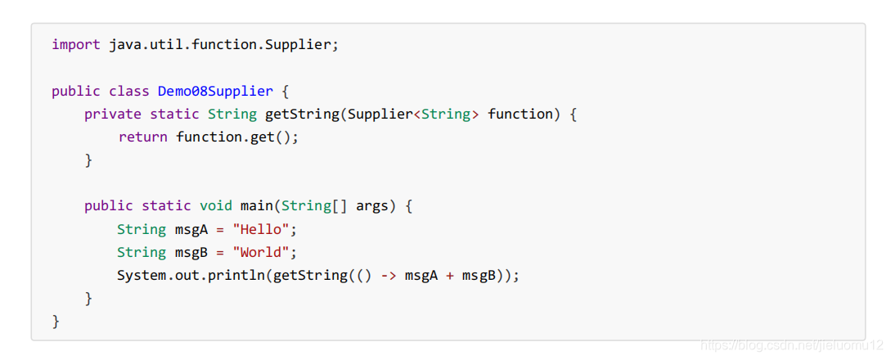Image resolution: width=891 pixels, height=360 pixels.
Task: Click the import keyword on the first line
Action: coord(76,44)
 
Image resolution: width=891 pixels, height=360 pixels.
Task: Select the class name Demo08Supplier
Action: coord(215,91)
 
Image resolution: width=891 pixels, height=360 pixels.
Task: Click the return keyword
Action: coord(143,137)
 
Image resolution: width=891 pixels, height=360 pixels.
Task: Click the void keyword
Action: coord(216,205)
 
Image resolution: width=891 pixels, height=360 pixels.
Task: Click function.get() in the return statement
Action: coord(236,137)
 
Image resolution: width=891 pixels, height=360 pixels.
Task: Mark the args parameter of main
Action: coord(371,205)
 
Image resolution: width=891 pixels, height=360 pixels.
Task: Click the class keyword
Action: coord(129,91)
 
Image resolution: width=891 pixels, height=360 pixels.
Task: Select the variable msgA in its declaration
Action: coord(191,229)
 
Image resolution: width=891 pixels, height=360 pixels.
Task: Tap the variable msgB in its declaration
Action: coord(191,252)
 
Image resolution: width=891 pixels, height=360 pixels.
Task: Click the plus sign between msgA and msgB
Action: coord(449,275)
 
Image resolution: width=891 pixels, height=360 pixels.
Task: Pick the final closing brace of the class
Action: coord(56,322)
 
